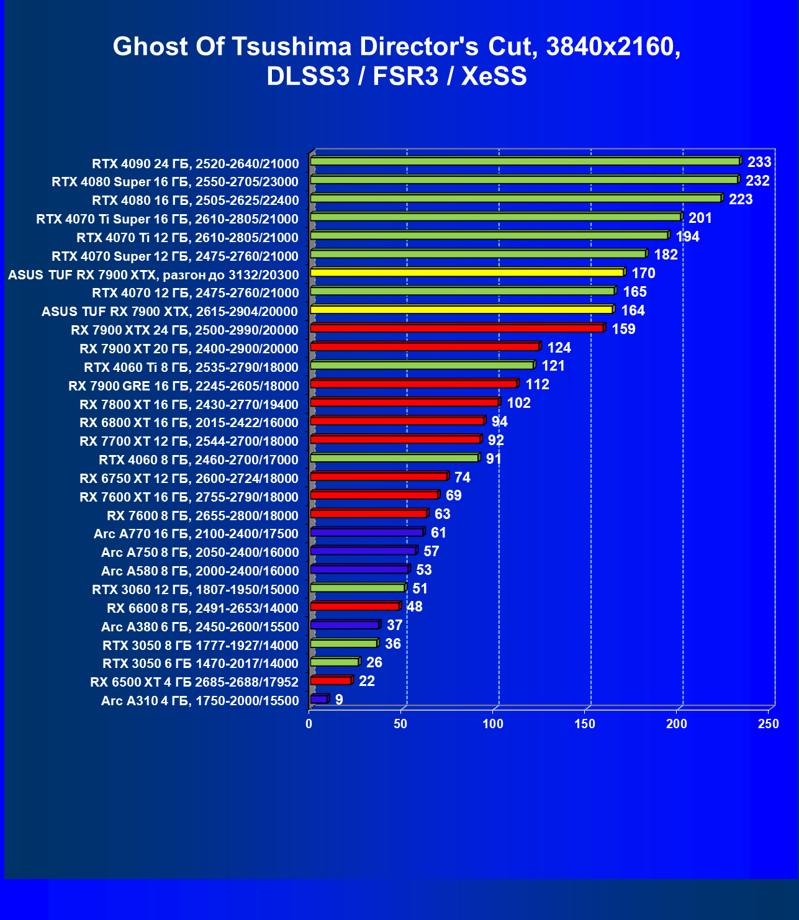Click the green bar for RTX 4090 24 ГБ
[x=525, y=161]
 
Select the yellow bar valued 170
[x=467, y=273]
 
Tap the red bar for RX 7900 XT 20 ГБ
[x=425, y=347]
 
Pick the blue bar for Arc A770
[x=366, y=533]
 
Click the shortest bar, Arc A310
[x=318, y=700]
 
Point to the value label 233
[x=759, y=163]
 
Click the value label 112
[x=537, y=385]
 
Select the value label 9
[x=339, y=700]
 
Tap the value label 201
[x=700, y=219]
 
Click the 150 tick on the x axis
[x=585, y=724]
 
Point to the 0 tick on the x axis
[x=309, y=724]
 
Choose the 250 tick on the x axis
[x=769, y=724]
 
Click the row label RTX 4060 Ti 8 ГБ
[x=191, y=368]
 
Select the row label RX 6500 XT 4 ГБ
[x=194, y=682]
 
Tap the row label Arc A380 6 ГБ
[x=200, y=627]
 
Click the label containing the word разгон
[x=153, y=275]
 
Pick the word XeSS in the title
[x=494, y=76]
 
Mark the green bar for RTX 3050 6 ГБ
[x=335, y=662]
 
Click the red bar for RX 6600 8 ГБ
[x=354, y=607]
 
